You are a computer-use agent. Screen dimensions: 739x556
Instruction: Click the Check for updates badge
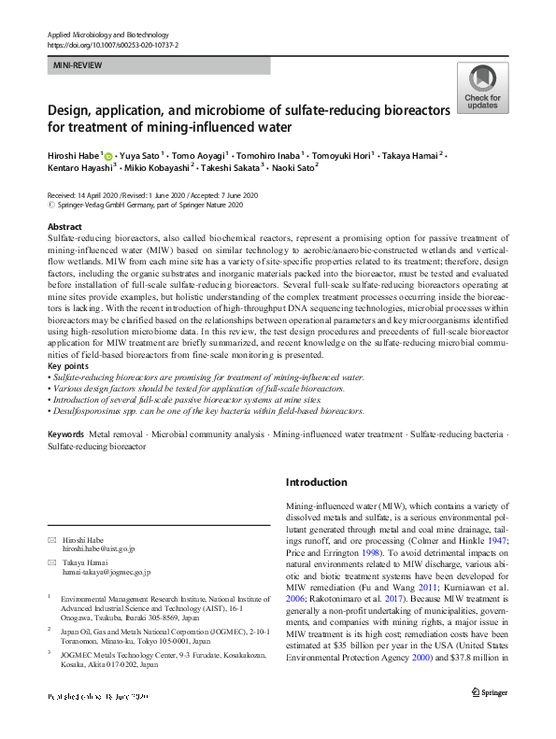coord(481,88)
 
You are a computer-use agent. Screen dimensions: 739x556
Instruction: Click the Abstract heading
coord(64,227)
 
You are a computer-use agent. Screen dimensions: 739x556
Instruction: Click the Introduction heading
coord(316,482)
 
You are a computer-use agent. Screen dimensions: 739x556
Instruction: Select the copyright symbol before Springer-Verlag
coord(50,203)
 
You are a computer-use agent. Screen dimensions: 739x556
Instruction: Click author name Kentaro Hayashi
coord(78,168)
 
